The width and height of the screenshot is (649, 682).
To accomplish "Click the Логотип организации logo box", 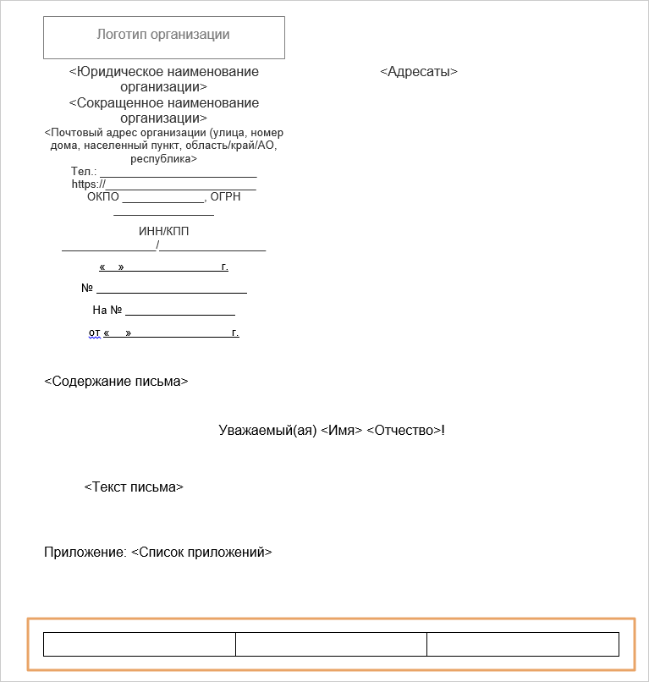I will click(x=163, y=37).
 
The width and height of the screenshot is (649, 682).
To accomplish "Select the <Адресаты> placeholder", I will click(x=419, y=72).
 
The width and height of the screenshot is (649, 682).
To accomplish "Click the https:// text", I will click(x=88, y=184).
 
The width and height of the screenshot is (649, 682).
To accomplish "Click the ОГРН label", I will click(x=225, y=196).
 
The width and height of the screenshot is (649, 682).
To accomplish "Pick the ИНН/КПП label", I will click(x=163, y=232).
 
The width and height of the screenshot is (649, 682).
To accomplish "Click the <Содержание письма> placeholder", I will click(x=116, y=382).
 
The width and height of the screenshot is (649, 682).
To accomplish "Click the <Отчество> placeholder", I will click(x=404, y=431).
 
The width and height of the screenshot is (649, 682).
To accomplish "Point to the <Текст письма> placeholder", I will click(x=134, y=487).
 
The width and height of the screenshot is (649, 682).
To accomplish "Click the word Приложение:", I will click(x=85, y=553).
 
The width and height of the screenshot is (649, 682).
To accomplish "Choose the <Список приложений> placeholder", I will click(x=201, y=553).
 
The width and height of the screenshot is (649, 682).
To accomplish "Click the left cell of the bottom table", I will click(x=139, y=644).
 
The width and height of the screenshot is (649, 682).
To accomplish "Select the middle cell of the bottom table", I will click(x=331, y=644).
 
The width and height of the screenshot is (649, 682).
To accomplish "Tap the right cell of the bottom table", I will click(x=523, y=644).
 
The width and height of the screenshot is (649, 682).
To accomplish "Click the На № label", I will click(x=107, y=310).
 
